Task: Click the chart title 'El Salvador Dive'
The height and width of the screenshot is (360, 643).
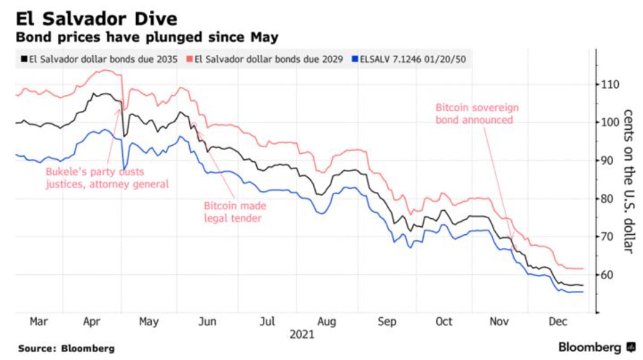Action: [x=96, y=19]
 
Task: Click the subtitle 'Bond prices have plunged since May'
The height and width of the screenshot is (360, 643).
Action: [x=147, y=37]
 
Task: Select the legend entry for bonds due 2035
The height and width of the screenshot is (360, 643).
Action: [x=100, y=59]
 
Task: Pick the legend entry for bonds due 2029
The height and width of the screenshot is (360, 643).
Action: [x=265, y=59]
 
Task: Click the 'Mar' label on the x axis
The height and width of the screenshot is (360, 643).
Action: [x=39, y=321]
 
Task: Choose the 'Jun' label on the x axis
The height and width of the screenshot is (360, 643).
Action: [x=207, y=321]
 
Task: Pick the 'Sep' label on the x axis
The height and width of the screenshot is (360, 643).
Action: [x=387, y=321]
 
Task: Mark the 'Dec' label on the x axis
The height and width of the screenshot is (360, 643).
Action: [x=558, y=321]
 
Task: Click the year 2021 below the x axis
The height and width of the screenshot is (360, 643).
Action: [x=302, y=335]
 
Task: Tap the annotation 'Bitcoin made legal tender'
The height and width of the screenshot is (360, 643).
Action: [x=235, y=212]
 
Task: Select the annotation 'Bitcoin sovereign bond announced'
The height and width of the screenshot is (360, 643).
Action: [x=477, y=114]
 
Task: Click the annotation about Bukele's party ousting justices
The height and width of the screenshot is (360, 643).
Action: [x=107, y=178]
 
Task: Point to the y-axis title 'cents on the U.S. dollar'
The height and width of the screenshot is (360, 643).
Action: [x=629, y=182]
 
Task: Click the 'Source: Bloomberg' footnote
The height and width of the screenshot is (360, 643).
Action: [x=66, y=348]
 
